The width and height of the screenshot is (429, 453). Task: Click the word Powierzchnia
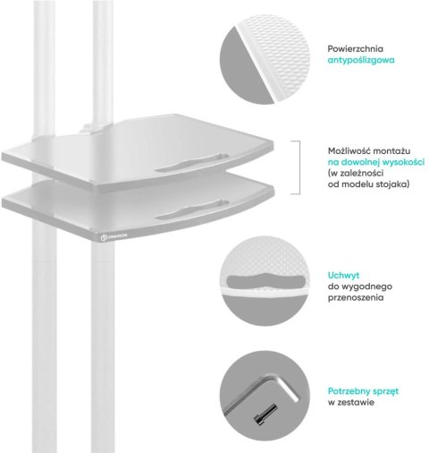point(356,48)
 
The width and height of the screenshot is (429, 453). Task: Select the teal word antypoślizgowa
point(361,60)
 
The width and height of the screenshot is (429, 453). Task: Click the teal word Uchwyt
point(343,275)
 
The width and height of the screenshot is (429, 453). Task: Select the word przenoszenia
point(356,298)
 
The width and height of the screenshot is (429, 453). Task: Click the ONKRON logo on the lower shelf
point(114,236)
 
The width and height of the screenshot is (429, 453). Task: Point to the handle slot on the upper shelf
point(192,163)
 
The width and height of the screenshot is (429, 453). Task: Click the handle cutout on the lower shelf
point(192,209)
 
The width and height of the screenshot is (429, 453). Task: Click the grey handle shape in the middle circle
point(266,280)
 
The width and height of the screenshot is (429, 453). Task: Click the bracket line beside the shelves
point(299,167)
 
